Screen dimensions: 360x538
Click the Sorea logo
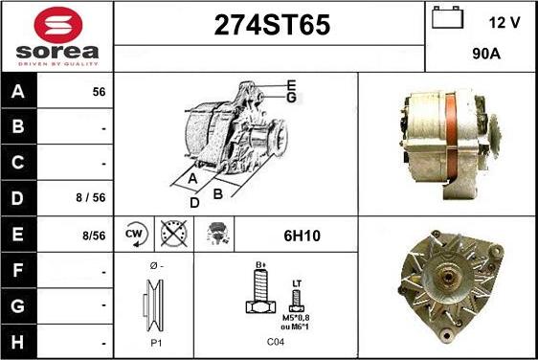click(57, 35)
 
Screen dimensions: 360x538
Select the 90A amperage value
click(487, 55)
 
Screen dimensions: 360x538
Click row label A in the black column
click(18, 93)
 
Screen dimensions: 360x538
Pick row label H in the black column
click(18, 342)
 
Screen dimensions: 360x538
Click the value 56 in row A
click(98, 93)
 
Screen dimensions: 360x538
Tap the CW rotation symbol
click(135, 234)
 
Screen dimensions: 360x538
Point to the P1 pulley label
click(153, 341)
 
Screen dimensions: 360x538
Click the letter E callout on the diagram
click(290, 84)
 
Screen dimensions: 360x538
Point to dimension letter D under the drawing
click(193, 203)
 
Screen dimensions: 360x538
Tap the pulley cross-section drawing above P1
click(154, 304)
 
